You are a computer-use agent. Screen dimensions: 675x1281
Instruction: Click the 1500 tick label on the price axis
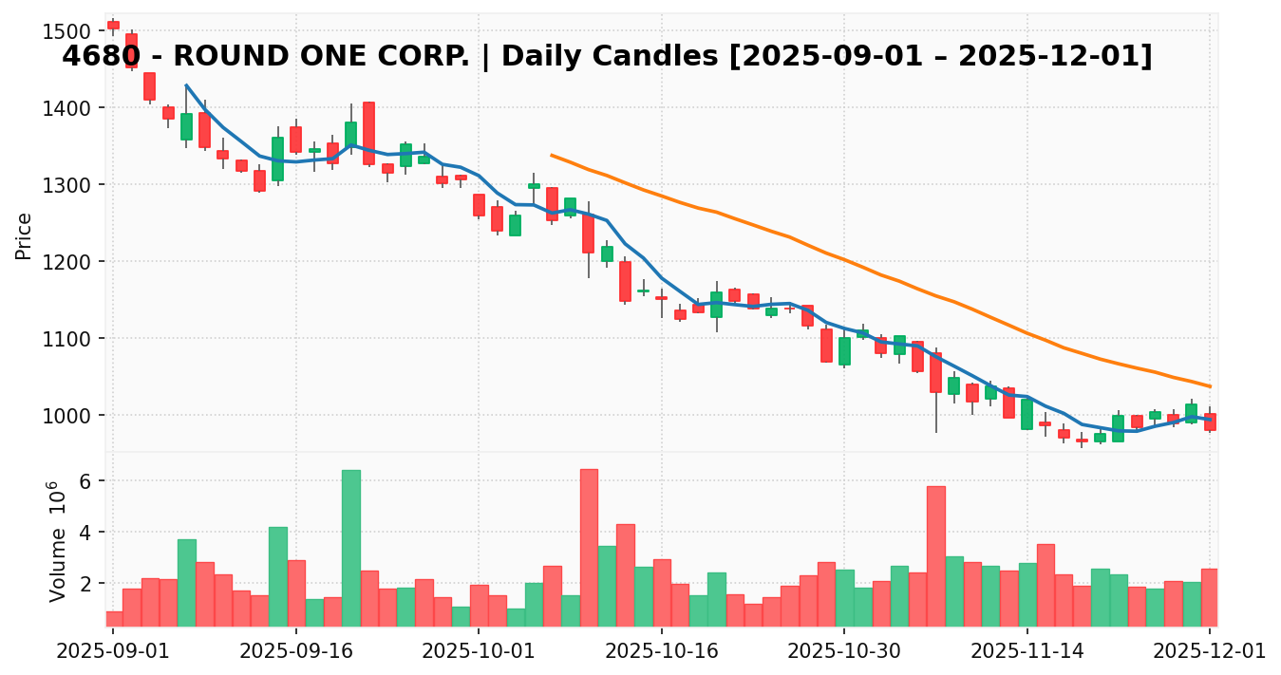point(67,31)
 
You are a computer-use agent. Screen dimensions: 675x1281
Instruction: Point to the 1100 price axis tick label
point(67,339)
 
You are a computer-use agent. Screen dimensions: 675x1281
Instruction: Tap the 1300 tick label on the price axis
point(67,185)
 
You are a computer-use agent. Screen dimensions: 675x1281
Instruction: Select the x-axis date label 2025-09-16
point(295,650)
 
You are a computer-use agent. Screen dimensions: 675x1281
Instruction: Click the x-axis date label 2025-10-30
point(844,650)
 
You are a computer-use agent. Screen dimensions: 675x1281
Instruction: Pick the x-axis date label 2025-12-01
point(1209,650)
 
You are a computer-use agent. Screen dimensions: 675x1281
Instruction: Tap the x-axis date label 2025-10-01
point(479,650)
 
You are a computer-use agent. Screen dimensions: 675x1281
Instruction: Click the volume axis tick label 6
point(85,481)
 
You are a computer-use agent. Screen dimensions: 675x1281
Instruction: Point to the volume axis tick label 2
point(85,584)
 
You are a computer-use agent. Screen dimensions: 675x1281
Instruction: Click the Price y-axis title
point(24,235)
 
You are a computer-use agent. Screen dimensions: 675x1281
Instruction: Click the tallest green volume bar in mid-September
point(350,548)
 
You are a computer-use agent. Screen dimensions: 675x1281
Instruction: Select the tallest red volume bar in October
point(589,548)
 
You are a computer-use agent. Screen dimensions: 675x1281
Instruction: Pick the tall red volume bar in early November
point(935,556)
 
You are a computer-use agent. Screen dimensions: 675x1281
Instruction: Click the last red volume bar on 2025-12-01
point(1209,597)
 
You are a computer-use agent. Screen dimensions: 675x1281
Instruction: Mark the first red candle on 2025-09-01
point(113,25)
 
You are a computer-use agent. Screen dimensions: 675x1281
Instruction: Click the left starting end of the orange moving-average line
point(552,155)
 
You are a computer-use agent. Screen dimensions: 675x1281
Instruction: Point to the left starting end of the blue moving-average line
point(186,85)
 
